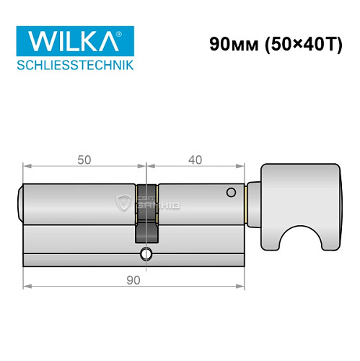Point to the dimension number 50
coord(84,160)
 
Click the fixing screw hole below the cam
coord(146,253)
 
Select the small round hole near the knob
coord(231,193)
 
